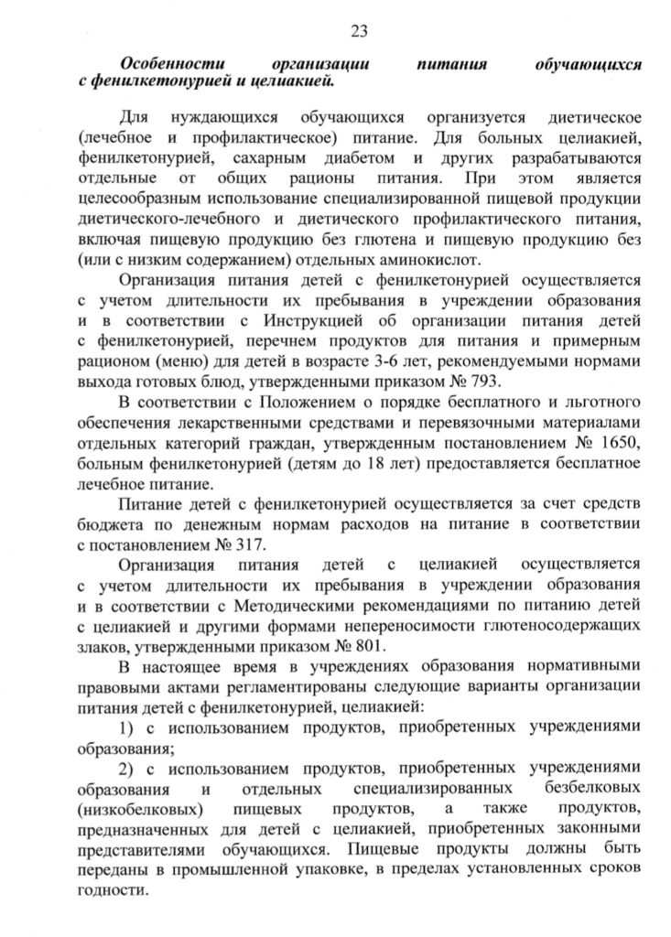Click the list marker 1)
point(129,728)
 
